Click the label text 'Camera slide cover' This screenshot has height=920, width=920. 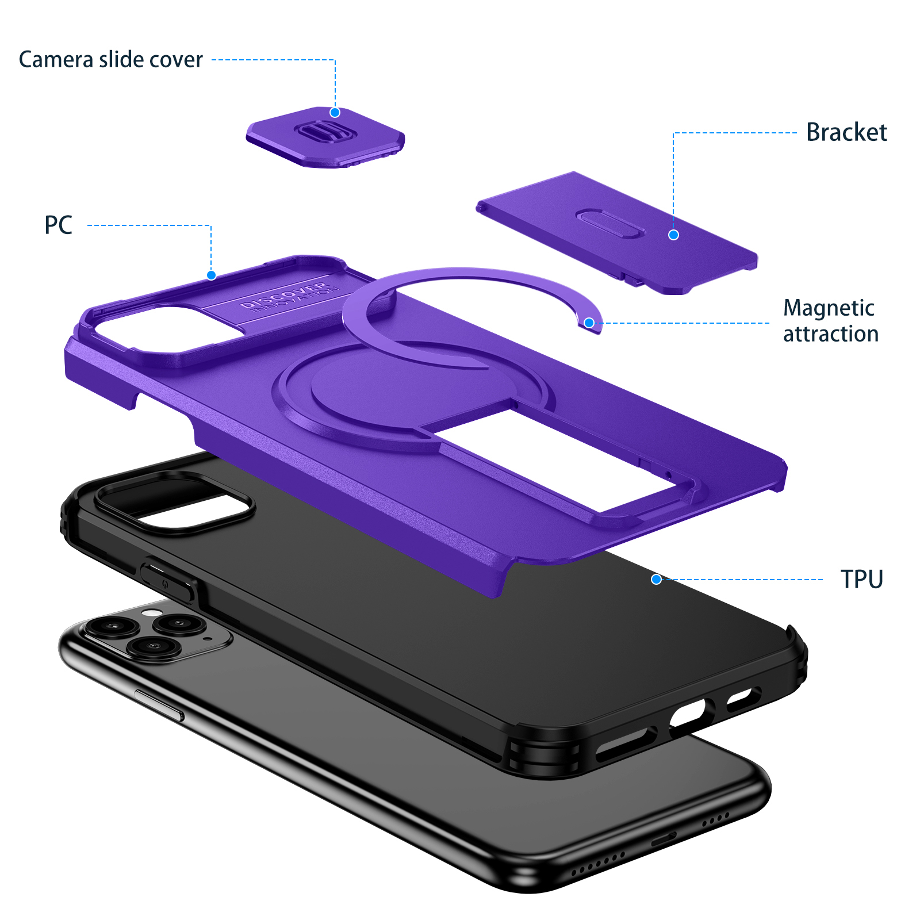tap(110, 60)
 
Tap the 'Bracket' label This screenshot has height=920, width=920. tap(846, 132)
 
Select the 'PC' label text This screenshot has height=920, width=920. tap(59, 225)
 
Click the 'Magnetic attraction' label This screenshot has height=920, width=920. tap(831, 321)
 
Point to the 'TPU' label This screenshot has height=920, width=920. tap(861, 579)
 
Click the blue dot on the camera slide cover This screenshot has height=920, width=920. tap(335, 113)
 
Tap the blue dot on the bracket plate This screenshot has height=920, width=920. tap(673, 235)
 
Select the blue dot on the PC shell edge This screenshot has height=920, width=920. tap(211, 275)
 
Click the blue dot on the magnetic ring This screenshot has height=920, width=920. tap(589, 323)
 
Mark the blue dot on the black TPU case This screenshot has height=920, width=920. tap(656, 580)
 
